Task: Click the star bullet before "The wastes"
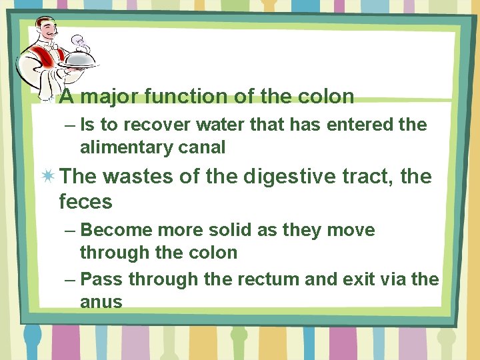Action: pos(48,177)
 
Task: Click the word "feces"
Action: pos(85,201)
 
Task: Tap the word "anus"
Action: pos(101,302)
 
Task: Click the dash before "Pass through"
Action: pos(70,279)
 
